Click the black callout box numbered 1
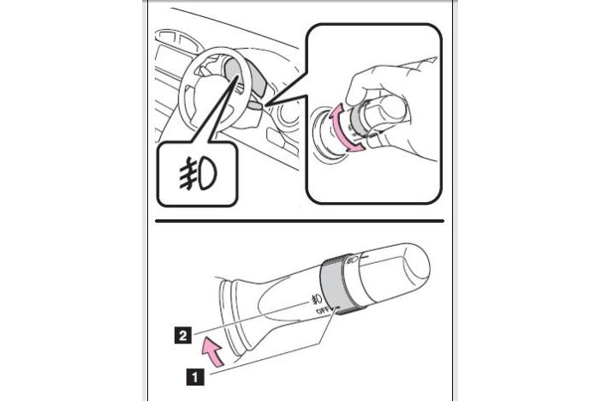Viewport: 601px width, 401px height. (x=194, y=376)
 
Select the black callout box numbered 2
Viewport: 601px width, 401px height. (x=183, y=335)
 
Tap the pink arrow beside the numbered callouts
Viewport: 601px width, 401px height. (x=212, y=351)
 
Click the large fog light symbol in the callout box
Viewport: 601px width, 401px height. (x=198, y=173)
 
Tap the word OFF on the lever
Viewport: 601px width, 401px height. (x=323, y=310)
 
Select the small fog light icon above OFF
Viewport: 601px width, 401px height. (x=317, y=299)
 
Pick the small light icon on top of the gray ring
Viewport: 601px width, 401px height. (x=353, y=260)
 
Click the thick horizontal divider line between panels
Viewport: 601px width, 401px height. (x=300, y=221)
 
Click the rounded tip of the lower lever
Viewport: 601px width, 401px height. (x=416, y=266)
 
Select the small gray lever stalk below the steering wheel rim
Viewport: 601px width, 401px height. (x=255, y=104)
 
